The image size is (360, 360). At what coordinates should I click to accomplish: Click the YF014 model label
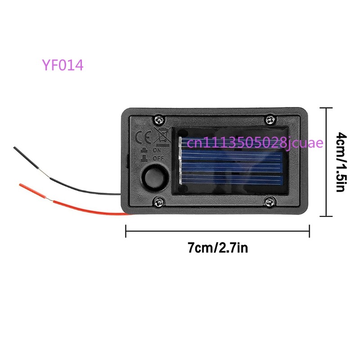(x=63, y=65)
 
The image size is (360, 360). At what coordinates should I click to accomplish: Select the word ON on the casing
(x=157, y=150)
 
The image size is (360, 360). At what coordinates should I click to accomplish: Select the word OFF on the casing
(x=158, y=158)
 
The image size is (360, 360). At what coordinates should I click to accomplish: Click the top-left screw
(x=159, y=119)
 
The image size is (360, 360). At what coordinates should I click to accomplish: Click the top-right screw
(x=270, y=119)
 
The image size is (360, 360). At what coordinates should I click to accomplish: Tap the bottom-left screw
(x=159, y=202)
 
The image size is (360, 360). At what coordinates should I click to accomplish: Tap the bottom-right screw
(x=270, y=202)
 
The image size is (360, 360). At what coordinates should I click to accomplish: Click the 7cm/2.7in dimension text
(x=218, y=247)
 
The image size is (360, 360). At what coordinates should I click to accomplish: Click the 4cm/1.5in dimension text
(x=342, y=162)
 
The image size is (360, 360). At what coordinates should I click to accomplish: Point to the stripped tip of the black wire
(x=15, y=148)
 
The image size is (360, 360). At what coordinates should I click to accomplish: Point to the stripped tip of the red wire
(x=21, y=185)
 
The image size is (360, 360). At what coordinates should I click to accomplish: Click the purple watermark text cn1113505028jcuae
(x=255, y=143)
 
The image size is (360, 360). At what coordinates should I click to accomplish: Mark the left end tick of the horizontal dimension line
(x=126, y=231)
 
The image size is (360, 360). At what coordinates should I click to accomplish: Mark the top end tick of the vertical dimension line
(x=326, y=108)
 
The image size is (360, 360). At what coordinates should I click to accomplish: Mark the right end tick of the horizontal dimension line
(x=310, y=231)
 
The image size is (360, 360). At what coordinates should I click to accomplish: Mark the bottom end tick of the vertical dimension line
(x=326, y=216)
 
